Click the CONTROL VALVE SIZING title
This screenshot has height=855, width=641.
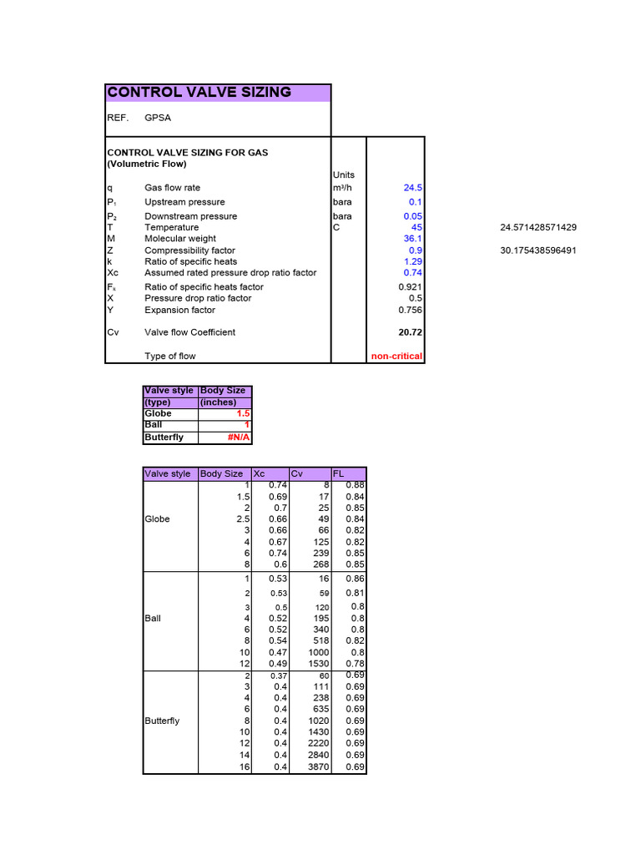(x=199, y=93)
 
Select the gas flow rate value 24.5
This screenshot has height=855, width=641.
(x=412, y=189)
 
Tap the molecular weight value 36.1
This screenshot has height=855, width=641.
(x=412, y=239)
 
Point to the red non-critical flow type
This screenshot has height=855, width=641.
(x=396, y=357)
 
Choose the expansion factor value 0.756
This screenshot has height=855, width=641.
(x=409, y=310)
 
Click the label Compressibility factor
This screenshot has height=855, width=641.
(x=189, y=250)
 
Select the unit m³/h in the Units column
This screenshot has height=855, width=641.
(x=344, y=189)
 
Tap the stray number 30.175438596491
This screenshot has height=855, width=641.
(x=538, y=250)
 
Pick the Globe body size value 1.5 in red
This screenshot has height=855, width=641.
(x=243, y=413)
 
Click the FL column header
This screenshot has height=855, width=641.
(x=339, y=474)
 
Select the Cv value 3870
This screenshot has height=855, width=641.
(x=320, y=767)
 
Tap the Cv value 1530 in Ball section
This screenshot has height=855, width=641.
(x=320, y=664)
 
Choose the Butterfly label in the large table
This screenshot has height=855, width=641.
(x=162, y=721)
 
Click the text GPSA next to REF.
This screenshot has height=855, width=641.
(x=158, y=118)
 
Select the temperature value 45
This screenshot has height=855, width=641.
(x=416, y=227)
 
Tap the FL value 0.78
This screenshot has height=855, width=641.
(x=357, y=664)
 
